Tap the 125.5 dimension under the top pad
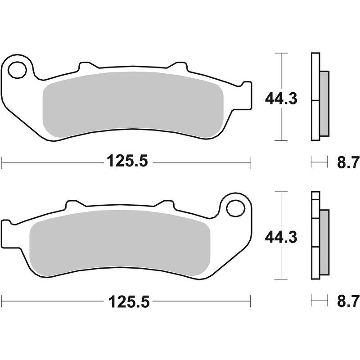[127, 160]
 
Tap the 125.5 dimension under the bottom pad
[127, 300]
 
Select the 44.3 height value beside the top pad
[281, 99]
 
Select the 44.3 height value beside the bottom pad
[281, 237]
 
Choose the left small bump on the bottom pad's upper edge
[72, 206]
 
